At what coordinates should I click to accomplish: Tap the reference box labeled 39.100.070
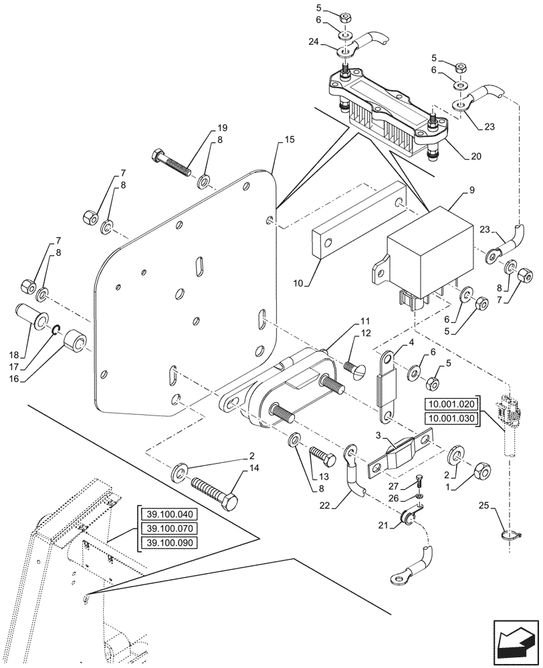tap(168, 528)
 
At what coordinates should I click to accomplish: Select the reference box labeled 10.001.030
tap(453, 419)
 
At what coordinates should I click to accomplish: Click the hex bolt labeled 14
tap(213, 491)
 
